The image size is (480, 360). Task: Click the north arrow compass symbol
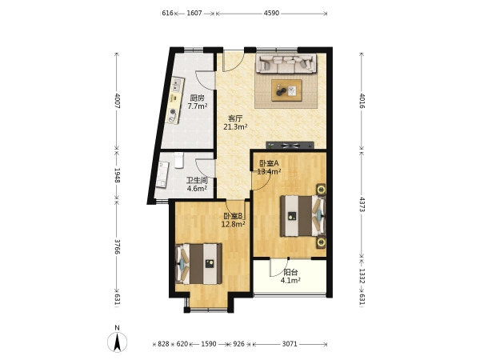[x=117, y=342]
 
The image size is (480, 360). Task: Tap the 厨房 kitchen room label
[x=197, y=98]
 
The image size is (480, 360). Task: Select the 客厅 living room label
[x=235, y=118]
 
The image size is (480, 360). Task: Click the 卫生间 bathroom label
[x=197, y=180]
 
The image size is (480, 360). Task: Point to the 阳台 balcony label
[x=290, y=272]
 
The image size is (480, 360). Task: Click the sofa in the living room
[x=286, y=63]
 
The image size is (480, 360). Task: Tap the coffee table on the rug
[x=286, y=90]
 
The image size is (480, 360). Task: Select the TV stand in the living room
[x=290, y=145]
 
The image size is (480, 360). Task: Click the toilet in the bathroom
[x=178, y=161]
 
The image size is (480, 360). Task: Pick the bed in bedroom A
[x=302, y=216]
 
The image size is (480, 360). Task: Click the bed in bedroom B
[x=198, y=263]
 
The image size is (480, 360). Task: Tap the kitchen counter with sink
[x=174, y=101]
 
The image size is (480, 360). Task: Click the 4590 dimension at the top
[x=271, y=13]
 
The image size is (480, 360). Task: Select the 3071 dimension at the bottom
[x=290, y=344]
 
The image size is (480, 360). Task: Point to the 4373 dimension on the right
[x=362, y=204]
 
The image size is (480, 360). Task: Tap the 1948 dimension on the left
[x=117, y=175]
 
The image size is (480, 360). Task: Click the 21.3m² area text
[x=235, y=126]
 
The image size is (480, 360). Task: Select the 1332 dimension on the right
[x=362, y=276]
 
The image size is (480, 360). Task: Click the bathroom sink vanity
[x=162, y=174]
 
